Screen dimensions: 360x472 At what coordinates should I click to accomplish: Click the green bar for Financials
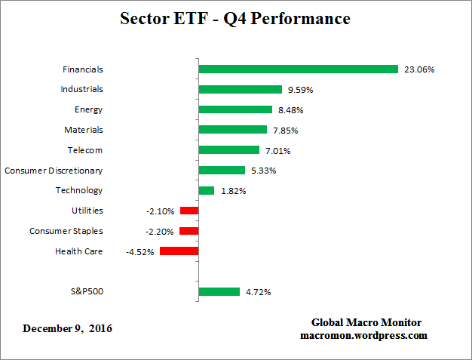tap(298, 69)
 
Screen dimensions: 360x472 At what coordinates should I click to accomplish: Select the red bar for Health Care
tap(179, 251)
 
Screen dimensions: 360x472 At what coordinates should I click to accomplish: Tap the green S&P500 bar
tap(219, 291)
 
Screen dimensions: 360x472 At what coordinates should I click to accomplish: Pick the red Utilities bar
tap(189, 211)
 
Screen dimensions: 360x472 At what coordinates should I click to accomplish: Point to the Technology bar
tap(207, 191)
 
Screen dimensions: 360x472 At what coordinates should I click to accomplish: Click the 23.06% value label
tap(421, 69)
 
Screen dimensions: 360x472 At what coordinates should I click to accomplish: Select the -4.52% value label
tap(140, 252)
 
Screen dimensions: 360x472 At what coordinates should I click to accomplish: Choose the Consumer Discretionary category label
tap(54, 171)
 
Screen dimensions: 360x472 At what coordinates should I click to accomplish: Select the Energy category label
tap(88, 110)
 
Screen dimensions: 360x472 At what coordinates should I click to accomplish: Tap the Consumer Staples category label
tap(66, 231)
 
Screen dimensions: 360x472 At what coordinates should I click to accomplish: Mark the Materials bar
tap(232, 130)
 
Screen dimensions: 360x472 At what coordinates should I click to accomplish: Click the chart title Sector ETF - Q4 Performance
tap(235, 18)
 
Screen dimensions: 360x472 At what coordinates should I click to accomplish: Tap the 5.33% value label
tap(261, 171)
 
